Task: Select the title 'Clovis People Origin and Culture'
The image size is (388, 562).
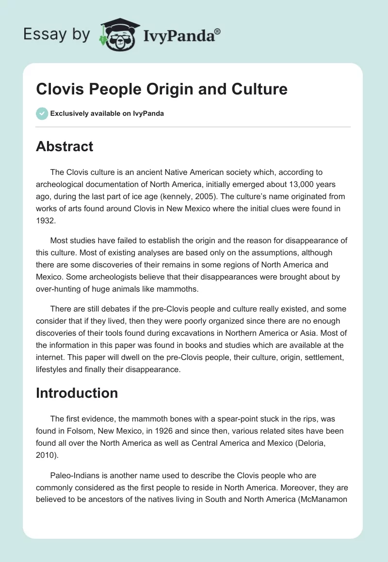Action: click(x=162, y=90)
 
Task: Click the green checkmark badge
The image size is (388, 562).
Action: click(x=42, y=113)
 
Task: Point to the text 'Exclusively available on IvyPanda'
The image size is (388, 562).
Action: click(x=107, y=113)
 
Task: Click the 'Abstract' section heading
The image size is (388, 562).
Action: click(x=65, y=146)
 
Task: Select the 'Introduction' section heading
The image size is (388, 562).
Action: click(x=77, y=392)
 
